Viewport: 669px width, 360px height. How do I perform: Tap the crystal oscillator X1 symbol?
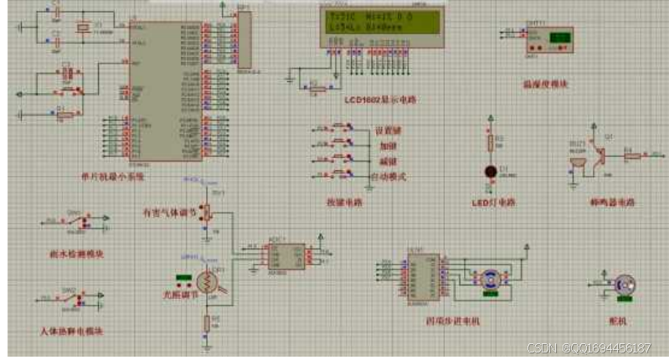click(x=81, y=28)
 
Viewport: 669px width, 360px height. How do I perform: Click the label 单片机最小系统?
click(x=111, y=177)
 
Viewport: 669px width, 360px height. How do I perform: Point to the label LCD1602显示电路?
click(x=379, y=100)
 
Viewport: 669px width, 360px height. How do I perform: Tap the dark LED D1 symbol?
click(x=491, y=171)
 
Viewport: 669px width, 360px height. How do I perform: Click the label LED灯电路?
click(x=493, y=203)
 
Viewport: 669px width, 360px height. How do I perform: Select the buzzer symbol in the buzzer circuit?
click(x=577, y=165)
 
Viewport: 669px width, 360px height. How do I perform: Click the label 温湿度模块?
click(x=545, y=84)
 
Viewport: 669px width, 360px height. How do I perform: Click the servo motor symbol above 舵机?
click(x=623, y=284)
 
